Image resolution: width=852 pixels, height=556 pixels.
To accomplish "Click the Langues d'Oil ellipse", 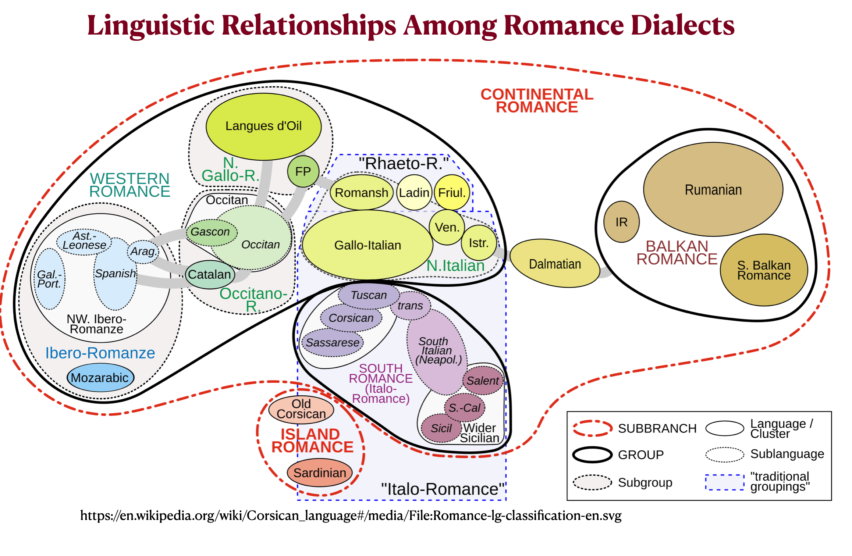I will coord(263,126).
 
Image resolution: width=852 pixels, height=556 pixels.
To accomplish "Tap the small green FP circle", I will coord(303,171).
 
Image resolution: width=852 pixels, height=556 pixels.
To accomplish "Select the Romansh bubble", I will coord(361,192).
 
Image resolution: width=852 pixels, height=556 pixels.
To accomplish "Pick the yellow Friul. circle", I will coord(452,192).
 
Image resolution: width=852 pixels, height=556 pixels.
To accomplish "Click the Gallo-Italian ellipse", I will coord(367,245).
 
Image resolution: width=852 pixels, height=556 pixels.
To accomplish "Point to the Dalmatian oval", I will coord(555,264).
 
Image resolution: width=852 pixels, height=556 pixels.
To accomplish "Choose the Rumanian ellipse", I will coord(713,189).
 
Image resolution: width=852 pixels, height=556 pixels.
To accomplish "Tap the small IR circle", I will coord(621,222).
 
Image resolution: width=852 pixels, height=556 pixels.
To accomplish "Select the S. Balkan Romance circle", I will coord(764,270).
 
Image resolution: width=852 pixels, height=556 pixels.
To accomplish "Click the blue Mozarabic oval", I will coord(100,377).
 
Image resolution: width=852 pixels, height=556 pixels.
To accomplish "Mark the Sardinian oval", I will coord(319,473).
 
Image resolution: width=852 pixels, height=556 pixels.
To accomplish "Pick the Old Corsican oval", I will coord(301,409).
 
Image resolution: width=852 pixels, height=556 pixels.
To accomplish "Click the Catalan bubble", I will coord(210,274).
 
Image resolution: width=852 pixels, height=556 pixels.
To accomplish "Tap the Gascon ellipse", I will coord(210,232).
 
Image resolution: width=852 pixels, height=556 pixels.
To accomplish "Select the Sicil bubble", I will coord(441,428).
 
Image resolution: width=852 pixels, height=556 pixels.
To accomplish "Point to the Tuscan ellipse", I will coord(369,295).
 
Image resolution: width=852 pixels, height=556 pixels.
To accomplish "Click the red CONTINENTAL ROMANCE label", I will coord(537,100).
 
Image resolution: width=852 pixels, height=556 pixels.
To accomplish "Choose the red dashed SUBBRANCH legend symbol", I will coord(592,428).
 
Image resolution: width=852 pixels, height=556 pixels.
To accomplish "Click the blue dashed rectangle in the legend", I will coord(724,482).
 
